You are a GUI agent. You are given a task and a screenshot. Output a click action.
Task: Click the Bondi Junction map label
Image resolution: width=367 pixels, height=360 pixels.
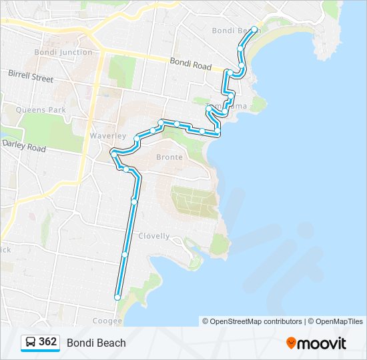click(63, 52)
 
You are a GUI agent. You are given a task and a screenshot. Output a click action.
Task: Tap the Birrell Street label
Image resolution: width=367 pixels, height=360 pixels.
click(31, 77)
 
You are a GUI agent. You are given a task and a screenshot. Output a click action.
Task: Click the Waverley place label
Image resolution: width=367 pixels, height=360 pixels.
click(107, 136)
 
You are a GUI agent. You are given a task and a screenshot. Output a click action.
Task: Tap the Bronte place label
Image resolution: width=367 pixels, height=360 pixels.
click(169, 157)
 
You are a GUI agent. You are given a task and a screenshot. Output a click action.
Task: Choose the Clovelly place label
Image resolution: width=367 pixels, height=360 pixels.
click(154, 236)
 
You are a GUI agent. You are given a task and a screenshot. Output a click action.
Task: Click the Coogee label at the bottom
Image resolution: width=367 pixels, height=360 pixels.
click(108, 321)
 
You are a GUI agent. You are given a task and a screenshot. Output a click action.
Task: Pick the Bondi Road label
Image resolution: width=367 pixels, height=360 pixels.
click(190, 65)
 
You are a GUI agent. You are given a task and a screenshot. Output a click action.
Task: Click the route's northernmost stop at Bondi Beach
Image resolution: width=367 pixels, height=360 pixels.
click(255, 29)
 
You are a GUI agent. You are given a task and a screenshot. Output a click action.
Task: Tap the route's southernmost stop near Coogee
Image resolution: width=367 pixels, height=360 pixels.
click(117, 298)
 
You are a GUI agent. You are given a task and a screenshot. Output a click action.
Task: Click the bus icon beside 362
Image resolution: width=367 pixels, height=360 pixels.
click(31, 343)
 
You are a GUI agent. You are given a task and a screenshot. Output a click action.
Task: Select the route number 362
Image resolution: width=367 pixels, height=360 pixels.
click(48, 342)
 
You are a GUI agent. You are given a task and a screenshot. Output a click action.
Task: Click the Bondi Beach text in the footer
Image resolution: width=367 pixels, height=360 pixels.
click(96, 343)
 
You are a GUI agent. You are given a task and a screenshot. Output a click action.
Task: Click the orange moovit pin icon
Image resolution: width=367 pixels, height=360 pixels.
click(291, 343)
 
